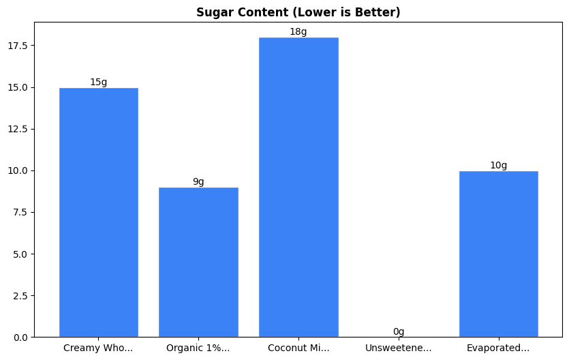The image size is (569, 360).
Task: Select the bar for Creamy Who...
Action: click(x=98, y=212)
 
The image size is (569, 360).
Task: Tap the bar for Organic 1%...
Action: click(x=198, y=262)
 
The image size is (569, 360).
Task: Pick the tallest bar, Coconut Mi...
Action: click(x=298, y=187)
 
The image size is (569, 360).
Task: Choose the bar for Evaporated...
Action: click(x=498, y=254)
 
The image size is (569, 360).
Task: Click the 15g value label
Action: click(x=98, y=82)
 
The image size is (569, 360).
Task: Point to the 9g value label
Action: click(x=198, y=182)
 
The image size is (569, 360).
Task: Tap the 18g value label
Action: click(x=298, y=32)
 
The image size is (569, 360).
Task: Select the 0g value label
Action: click(x=399, y=332)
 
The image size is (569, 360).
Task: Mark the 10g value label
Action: click(x=498, y=166)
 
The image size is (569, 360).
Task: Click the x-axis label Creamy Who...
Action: click(x=98, y=348)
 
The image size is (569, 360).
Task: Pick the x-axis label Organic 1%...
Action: click(x=198, y=348)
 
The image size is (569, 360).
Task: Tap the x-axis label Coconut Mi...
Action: click(x=298, y=348)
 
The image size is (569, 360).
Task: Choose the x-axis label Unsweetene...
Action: click(x=399, y=348)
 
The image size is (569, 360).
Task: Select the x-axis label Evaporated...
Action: click(x=498, y=348)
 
